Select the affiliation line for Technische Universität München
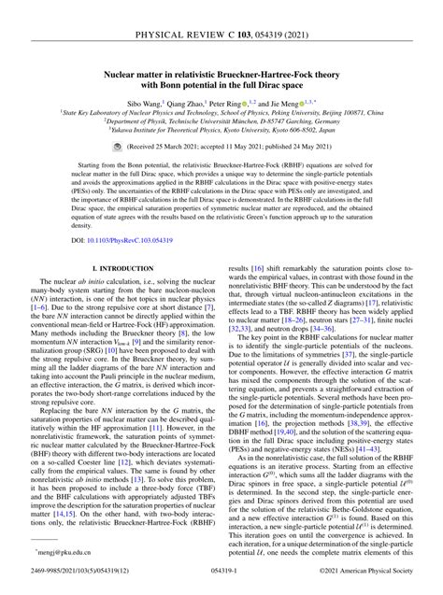click(x=221, y=121)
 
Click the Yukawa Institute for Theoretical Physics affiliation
click(x=221, y=132)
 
